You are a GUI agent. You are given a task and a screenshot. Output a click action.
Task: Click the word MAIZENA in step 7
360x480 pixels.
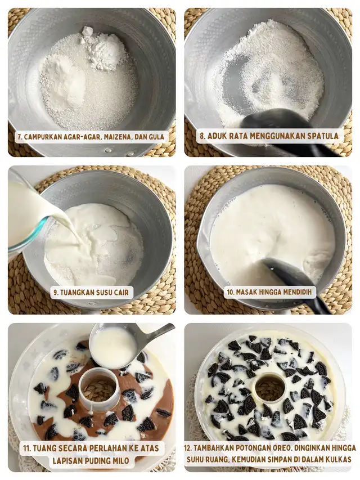tap(118, 137)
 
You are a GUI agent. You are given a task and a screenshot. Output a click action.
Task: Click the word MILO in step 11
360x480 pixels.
tap(119, 460)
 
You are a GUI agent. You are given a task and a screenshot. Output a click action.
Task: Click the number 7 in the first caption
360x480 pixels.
tap(19, 137)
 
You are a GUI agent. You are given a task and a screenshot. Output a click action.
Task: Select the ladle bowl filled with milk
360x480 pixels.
tap(112, 347)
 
